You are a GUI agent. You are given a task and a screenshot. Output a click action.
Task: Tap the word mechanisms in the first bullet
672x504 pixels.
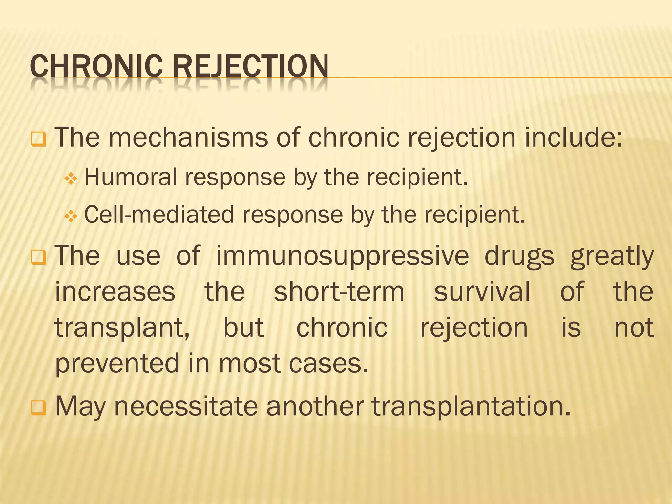pos(188,137)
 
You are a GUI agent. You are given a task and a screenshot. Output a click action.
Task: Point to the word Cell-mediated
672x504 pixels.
pos(159,215)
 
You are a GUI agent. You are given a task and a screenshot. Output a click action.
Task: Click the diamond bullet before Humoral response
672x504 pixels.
pos(71,179)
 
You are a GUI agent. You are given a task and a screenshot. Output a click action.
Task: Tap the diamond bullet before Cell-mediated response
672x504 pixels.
pos(71,217)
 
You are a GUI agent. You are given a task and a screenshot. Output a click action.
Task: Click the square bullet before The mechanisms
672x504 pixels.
pos(38,139)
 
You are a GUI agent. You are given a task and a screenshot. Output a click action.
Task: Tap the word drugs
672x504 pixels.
pos(519,256)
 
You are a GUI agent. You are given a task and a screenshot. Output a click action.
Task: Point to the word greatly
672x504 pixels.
pos(612,256)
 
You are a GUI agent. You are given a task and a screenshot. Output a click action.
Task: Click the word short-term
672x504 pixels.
pos(339,291)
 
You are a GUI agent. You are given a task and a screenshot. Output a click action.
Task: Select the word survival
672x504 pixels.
pos(482,291)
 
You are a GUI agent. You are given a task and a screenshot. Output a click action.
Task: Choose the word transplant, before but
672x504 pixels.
pos(122,327)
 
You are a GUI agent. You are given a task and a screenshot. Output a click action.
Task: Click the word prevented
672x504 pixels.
pos(117,363)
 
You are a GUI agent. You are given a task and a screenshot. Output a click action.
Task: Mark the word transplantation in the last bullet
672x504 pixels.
pos(471,406)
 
